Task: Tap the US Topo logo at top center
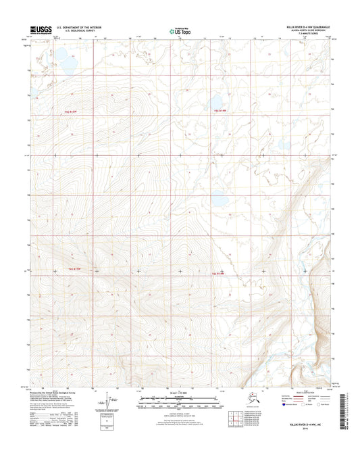pos(179,30)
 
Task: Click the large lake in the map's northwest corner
pos(65,62)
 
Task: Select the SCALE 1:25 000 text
pos(179,394)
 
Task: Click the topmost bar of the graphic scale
pos(179,399)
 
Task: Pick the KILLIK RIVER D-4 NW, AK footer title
pos(311,423)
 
